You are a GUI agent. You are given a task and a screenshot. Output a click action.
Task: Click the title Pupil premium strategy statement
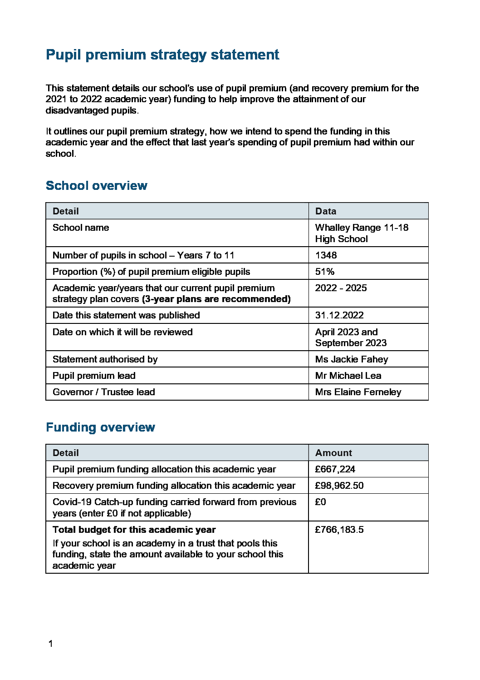click(162, 55)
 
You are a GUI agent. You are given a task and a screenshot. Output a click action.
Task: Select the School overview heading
click(96, 186)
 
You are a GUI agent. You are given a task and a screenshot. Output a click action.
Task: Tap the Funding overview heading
click(100, 427)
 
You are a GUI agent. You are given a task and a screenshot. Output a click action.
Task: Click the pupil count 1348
click(326, 255)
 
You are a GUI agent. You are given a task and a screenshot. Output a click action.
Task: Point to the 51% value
click(325, 272)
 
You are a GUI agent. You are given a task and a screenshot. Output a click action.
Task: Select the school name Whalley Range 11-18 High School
click(361, 233)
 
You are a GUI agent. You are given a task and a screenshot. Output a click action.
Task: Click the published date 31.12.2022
click(339, 315)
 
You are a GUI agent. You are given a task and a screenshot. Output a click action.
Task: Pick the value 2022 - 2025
click(341, 288)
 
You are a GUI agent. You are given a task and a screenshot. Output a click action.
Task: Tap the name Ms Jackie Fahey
click(352, 359)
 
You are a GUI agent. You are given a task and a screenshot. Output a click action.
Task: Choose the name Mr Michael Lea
click(348, 376)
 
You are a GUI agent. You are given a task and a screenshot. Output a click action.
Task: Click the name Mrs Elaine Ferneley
click(358, 392)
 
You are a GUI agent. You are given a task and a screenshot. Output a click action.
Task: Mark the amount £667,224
click(335, 469)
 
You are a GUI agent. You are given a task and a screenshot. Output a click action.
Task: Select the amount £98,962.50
click(339, 486)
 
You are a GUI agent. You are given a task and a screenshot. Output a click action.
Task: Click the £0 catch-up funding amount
click(320, 502)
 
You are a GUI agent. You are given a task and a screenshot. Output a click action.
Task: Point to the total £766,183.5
click(339, 530)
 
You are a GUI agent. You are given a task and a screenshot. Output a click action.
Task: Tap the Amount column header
click(333, 453)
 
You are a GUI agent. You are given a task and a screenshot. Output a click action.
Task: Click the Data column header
click(326, 211)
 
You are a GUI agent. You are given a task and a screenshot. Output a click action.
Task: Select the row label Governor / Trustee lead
click(103, 392)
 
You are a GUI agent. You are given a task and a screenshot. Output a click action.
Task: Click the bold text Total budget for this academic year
click(134, 530)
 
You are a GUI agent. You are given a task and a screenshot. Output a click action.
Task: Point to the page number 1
click(50, 644)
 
